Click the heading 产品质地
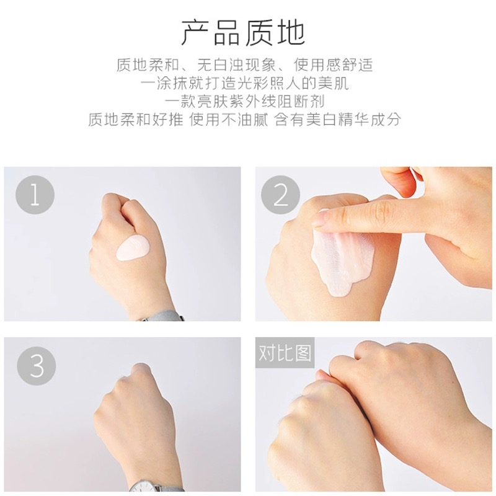[x=243, y=32]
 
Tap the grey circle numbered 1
[x=35, y=195]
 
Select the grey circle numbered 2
[x=281, y=195]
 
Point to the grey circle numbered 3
[x=37, y=365]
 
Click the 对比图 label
[x=285, y=353]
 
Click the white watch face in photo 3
[x=148, y=488]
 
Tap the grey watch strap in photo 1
[x=161, y=316]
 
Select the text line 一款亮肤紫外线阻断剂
[x=244, y=102]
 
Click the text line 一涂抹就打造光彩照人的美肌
[x=244, y=83]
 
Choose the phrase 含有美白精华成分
[x=338, y=120]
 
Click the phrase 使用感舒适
[x=334, y=65]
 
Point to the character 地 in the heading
[x=291, y=32]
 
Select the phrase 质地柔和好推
[x=136, y=120]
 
